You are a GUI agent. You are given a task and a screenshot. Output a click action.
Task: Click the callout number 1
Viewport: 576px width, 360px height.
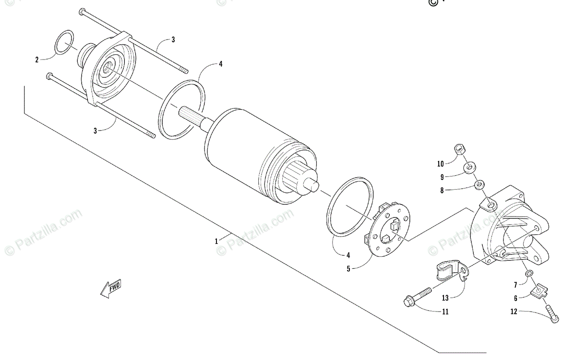click(x=217, y=240)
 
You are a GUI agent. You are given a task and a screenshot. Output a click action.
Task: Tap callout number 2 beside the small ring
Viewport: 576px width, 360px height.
click(x=36, y=60)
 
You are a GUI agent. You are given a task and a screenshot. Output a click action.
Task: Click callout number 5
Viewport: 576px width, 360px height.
click(x=348, y=269)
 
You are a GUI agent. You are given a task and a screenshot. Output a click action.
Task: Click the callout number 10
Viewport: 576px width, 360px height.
click(x=441, y=163)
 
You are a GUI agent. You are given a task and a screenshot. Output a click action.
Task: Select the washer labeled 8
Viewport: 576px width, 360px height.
click(x=480, y=184)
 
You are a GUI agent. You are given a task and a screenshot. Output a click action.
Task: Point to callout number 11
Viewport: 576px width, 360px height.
click(x=445, y=312)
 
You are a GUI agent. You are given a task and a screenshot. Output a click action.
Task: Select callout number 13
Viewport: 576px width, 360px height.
click(x=445, y=298)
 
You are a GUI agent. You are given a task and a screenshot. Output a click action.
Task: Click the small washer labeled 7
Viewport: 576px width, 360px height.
click(x=529, y=273)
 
